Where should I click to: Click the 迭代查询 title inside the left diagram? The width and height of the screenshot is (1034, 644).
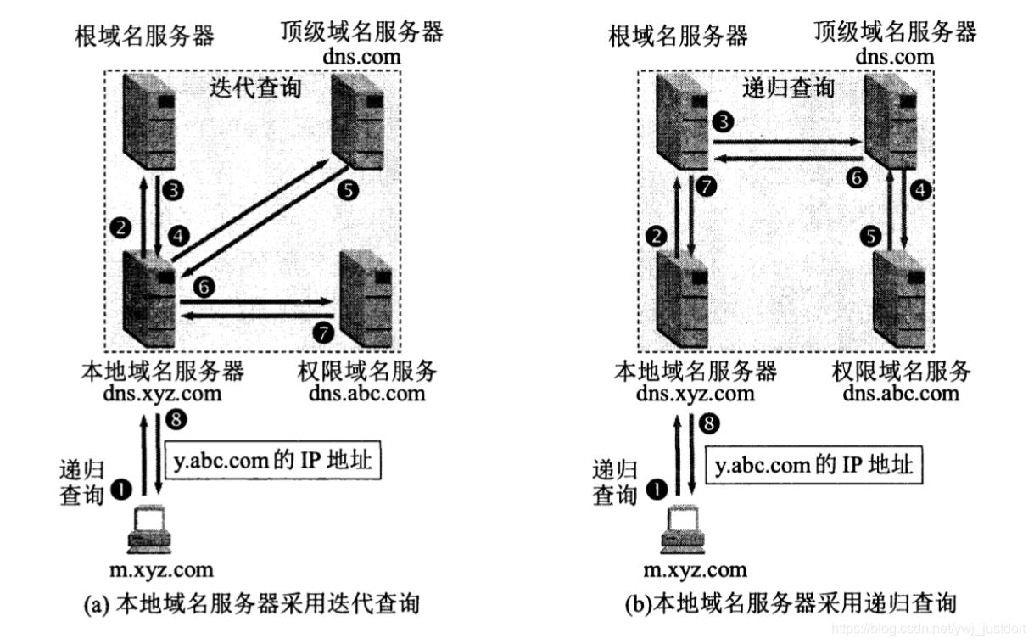click(254, 87)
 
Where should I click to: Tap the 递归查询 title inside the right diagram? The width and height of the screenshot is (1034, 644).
click(788, 87)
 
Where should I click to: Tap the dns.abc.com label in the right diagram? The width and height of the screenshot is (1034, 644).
click(901, 393)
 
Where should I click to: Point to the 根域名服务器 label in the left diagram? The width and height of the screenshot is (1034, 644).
click(144, 36)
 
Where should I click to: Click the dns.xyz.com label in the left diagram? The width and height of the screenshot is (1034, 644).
click(163, 393)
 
